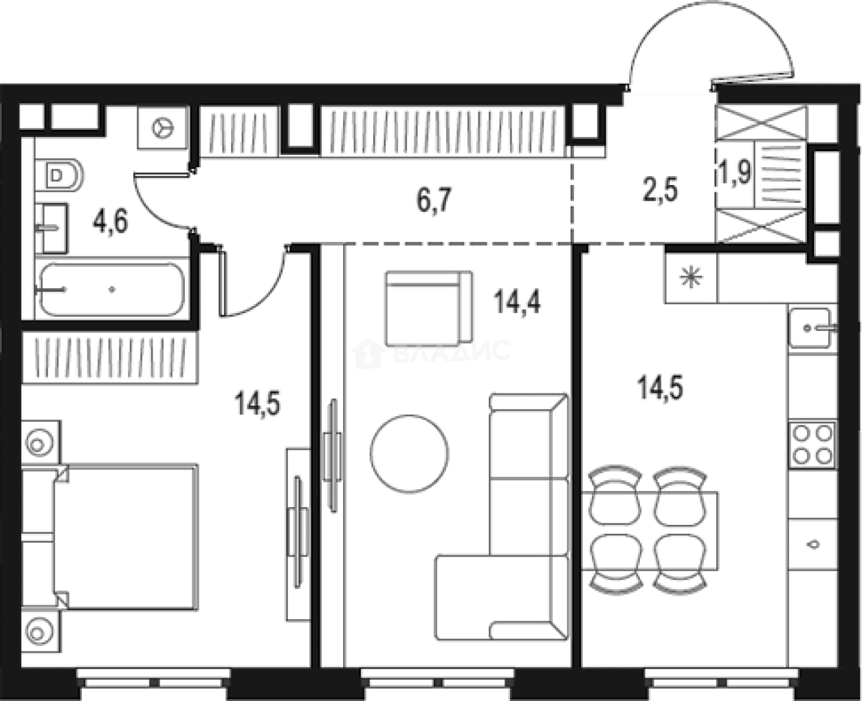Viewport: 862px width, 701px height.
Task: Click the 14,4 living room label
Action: click(517, 301)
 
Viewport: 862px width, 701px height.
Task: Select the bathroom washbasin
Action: click(52, 227)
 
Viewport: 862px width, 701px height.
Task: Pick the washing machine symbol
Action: click(163, 127)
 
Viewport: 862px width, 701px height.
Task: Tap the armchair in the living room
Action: click(428, 308)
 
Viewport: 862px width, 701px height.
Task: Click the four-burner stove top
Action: click(813, 444)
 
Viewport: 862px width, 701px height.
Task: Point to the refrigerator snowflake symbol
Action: click(689, 278)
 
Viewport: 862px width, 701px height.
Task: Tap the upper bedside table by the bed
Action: click(38, 442)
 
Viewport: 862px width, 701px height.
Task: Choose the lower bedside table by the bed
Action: click(38, 628)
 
